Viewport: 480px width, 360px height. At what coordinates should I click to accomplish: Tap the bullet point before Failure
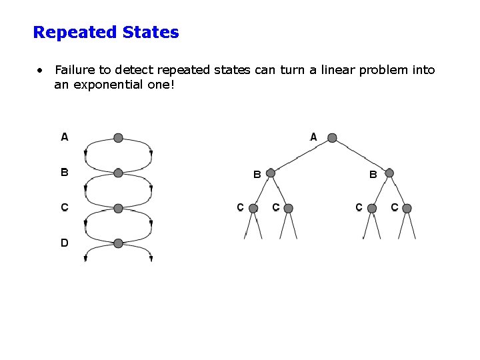[41, 70]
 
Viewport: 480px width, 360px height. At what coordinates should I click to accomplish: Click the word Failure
[75, 70]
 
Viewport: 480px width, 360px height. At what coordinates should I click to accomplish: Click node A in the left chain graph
[118, 138]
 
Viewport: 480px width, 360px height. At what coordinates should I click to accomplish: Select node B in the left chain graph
[118, 173]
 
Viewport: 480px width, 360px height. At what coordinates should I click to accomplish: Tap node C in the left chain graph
[118, 209]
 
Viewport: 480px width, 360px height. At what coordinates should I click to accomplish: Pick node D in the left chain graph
[118, 243]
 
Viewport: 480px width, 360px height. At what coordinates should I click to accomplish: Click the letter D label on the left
[65, 243]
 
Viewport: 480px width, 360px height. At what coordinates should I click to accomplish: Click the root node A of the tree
[332, 138]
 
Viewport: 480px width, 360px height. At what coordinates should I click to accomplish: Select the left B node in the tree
[271, 173]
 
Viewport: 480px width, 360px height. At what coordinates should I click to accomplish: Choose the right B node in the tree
[389, 173]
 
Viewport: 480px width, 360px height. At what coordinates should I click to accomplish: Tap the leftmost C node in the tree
[253, 209]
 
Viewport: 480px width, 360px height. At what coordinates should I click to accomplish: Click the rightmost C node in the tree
[407, 209]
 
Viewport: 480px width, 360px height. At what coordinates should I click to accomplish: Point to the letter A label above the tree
[313, 137]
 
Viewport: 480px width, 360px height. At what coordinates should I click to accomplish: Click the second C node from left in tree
[288, 209]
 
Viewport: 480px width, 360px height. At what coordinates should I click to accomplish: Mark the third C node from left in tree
[372, 209]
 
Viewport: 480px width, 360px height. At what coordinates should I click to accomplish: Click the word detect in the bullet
[139, 70]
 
